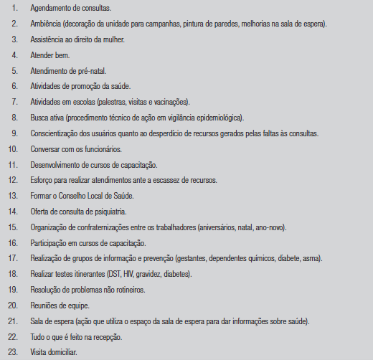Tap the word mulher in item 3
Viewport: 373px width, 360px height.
click(x=111, y=39)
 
